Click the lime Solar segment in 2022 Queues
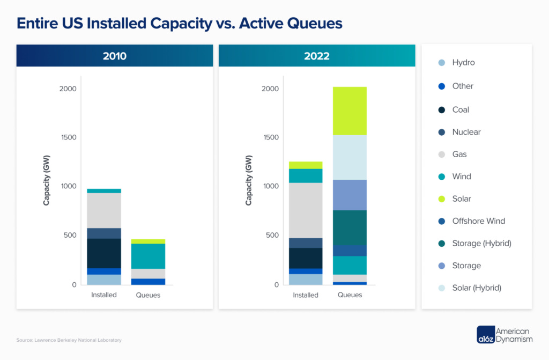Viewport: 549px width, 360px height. point(350,111)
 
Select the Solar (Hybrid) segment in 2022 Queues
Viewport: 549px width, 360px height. point(350,157)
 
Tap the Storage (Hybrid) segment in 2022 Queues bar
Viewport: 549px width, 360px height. point(350,227)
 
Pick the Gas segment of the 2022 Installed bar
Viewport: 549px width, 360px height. point(306,210)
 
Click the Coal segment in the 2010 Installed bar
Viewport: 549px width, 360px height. point(104,253)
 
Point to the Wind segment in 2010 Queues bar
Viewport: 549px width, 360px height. point(148,256)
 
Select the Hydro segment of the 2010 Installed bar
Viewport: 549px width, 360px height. point(104,280)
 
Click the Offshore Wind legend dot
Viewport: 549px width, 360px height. point(441,221)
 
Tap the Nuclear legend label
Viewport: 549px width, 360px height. point(466,132)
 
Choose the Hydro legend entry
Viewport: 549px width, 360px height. point(463,62)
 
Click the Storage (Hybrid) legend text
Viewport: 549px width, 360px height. point(481,243)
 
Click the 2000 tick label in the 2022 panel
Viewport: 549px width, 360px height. point(270,89)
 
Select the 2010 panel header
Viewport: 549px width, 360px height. point(115,56)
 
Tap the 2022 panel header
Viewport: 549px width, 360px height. point(317,56)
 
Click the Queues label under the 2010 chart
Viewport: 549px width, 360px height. point(148,295)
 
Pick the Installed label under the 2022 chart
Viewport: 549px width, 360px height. point(306,295)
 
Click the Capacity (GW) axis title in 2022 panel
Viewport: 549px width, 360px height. point(248,180)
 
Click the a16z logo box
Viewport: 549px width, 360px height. point(485,335)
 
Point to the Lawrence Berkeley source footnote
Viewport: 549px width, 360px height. point(69,340)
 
